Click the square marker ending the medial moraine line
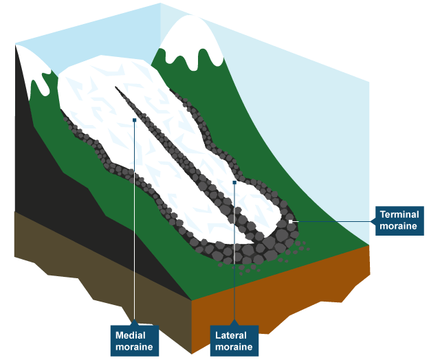135,120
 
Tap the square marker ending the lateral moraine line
234,183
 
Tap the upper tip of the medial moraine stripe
118,87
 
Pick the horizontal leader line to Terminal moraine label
337,221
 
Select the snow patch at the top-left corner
31,58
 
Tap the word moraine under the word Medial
135,346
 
